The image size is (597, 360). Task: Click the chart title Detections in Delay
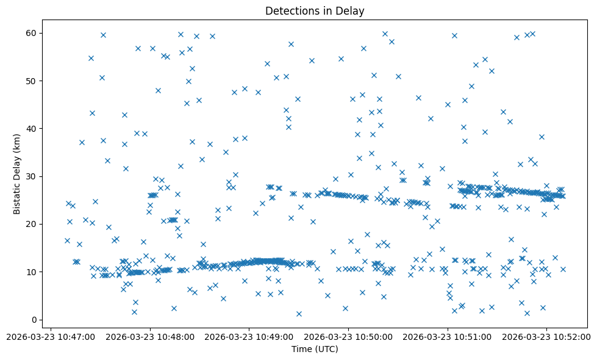click(x=315, y=10)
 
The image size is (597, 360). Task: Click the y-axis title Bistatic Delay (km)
click(x=17, y=173)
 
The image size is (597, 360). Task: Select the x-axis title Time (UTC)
click(x=315, y=349)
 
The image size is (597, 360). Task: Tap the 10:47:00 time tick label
click(x=51, y=337)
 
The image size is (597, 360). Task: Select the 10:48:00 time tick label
click(x=150, y=337)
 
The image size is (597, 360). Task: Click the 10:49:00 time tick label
click(x=249, y=337)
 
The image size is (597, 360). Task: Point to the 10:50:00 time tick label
click(x=348, y=337)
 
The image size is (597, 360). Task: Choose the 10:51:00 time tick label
click(x=448, y=337)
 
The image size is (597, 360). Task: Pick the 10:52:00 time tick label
click(x=546, y=337)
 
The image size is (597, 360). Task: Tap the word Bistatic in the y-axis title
click(x=17, y=196)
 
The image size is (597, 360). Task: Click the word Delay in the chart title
click(x=352, y=10)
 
